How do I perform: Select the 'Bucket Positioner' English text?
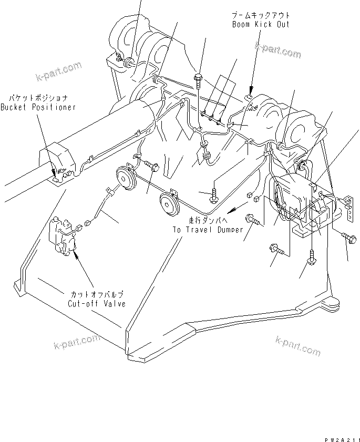click(38, 107)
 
